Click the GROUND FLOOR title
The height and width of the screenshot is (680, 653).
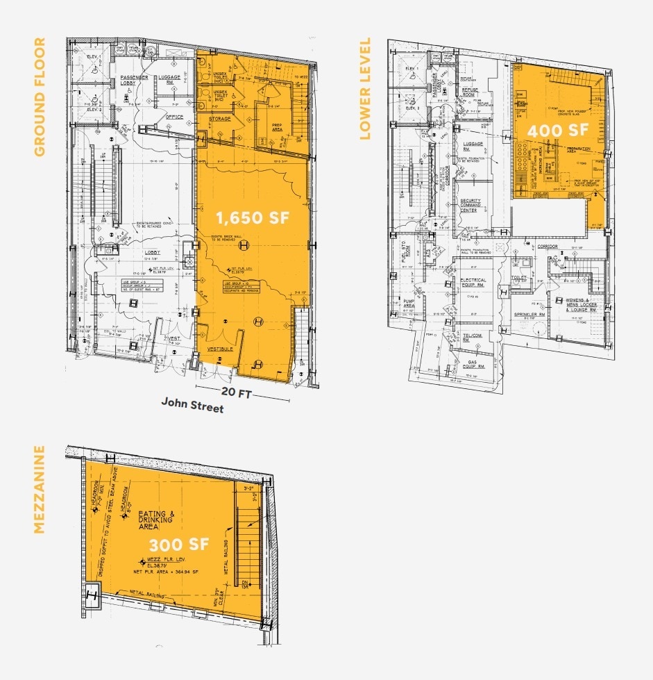pyautogui.click(x=40, y=97)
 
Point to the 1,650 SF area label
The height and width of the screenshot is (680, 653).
pyautogui.click(x=252, y=217)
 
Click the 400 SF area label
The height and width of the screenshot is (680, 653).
pyautogui.click(x=552, y=130)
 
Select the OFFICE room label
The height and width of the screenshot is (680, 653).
pyautogui.click(x=174, y=117)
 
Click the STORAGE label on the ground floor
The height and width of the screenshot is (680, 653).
pyautogui.click(x=220, y=119)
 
